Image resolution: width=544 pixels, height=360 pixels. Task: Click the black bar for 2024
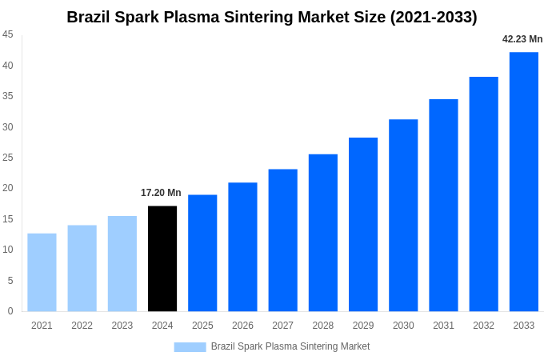click(x=162, y=258)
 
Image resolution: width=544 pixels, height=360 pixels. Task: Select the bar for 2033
click(x=523, y=182)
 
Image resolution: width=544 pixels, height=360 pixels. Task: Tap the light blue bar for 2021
click(x=42, y=272)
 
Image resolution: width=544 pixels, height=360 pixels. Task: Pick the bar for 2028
click(x=322, y=233)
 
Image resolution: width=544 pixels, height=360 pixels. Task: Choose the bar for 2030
click(x=403, y=215)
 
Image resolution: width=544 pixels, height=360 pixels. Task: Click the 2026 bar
click(x=242, y=246)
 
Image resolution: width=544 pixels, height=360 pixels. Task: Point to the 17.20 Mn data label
click(x=161, y=193)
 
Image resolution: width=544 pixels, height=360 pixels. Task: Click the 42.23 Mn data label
click(x=522, y=39)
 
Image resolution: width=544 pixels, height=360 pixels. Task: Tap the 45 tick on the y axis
click(x=8, y=34)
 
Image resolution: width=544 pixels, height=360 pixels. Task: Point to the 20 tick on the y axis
click(x=8, y=188)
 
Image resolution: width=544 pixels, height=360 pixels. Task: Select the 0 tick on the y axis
click(x=10, y=311)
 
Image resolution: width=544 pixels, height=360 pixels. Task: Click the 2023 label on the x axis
click(x=122, y=326)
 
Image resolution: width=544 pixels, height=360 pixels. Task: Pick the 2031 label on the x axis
click(x=443, y=326)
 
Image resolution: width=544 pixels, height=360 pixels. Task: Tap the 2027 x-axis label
click(x=282, y=326)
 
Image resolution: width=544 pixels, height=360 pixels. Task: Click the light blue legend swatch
click(x=190, y=347)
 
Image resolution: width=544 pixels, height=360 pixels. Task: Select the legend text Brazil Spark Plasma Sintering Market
click(x=290, y=346)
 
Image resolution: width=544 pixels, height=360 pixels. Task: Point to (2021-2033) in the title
click(x=433, y=17)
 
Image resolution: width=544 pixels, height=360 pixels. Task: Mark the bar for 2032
click(x=483, y=194)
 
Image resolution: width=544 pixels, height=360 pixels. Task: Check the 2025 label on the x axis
click(x=202, y=326)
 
